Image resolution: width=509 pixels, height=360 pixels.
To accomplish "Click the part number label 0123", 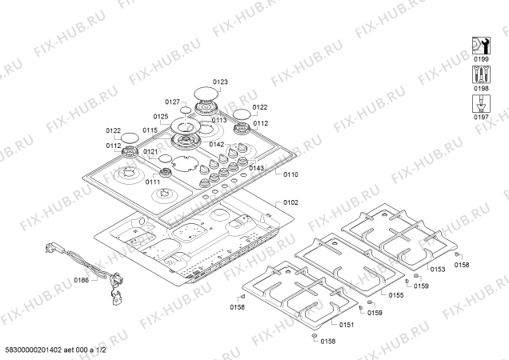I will coord(220,82).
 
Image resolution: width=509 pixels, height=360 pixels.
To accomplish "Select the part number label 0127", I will coord(172,102).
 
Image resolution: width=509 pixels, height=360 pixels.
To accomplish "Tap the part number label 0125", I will coord(161,116).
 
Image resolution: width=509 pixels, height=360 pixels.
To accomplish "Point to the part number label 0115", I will coord(150,130).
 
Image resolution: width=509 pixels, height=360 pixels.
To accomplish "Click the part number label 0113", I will coord(220,120).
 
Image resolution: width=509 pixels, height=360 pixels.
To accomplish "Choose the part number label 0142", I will coord(216,144).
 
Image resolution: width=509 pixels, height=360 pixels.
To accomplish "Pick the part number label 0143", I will coord(256,168).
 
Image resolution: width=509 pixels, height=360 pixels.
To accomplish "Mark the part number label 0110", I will coord(291,174).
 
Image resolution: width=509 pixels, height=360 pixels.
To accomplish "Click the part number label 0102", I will coord(291,204).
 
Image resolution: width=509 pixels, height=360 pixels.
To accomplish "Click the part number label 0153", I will coord(437,270).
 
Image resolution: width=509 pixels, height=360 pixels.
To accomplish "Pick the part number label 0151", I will coord(347,324).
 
